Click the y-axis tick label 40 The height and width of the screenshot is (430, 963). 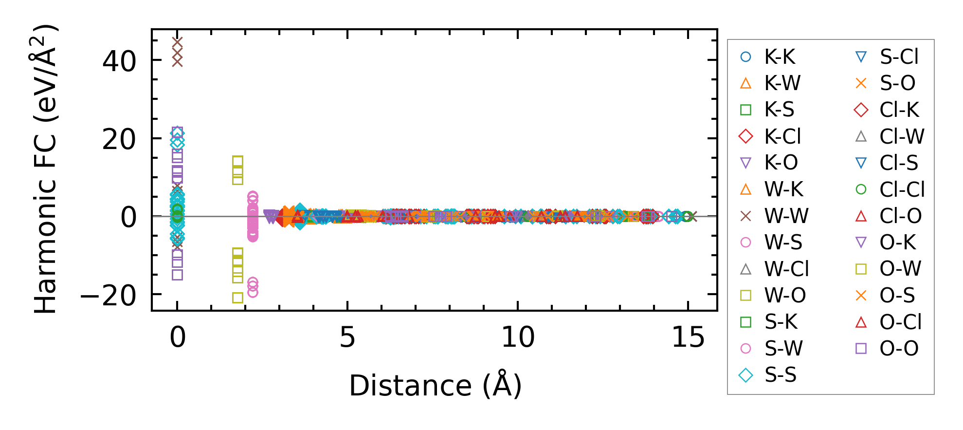click(119, 61)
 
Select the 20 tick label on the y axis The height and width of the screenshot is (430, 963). click(119, 140)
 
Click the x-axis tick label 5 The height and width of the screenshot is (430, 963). click(347, 337)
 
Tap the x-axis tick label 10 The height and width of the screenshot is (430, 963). click(518, 337)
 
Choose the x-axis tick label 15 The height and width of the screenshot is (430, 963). click(688, 337)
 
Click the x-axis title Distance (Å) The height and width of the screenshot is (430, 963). click(435, 386)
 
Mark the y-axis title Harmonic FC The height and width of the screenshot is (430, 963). click(45, 168)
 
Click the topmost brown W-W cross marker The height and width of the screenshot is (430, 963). click(178, 43)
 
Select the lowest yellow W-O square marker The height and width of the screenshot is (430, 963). click(237, 298)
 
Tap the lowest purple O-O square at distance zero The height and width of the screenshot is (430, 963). click(178, 275)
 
